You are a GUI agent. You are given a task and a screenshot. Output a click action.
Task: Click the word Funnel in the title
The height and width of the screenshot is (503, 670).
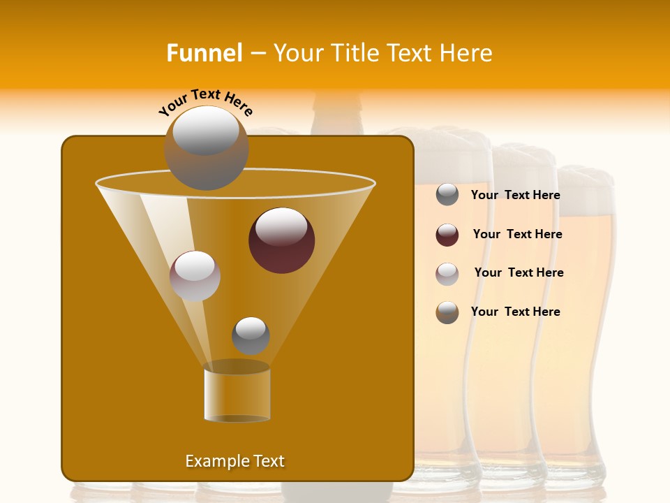(x=204, y=53)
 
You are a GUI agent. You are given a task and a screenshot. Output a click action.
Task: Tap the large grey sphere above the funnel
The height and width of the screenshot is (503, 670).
(x=206, y=147)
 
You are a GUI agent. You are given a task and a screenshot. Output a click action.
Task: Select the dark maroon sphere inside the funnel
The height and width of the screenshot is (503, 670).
(x=281, y=240)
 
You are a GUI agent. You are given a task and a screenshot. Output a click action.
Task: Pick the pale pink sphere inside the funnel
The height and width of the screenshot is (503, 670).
(x=195, y=276)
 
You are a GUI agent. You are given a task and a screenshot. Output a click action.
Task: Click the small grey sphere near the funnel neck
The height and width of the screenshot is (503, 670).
(x=251, y=335)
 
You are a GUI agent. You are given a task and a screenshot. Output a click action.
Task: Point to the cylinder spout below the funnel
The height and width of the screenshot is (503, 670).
(x=237, y=395)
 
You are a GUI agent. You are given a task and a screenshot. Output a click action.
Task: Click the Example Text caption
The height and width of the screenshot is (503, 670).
(x=234, y=461)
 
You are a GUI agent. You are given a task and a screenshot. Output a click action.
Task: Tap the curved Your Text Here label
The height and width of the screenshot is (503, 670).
(x=205, y=101)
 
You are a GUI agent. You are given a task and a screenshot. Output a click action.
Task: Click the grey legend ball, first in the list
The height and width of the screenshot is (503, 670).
(x=447, y=195)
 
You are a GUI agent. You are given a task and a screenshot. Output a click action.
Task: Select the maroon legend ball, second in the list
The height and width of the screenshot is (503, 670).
(x=447, y=235)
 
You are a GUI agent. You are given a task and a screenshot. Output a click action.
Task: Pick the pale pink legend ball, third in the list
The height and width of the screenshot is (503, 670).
(x=447, y=274)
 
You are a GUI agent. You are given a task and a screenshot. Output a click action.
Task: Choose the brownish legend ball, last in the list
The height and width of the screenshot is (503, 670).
(x=447, y=312)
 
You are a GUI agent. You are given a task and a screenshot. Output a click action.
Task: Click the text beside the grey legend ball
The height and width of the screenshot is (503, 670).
(x=515, y=195)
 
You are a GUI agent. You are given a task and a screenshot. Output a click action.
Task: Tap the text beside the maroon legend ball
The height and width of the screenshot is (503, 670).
(x=517, y=234)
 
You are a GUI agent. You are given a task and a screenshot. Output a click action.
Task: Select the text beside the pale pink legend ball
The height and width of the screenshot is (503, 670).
(x=519, y=272)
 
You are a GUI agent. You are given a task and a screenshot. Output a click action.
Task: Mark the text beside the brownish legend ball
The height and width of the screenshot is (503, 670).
(x=515, y=312)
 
